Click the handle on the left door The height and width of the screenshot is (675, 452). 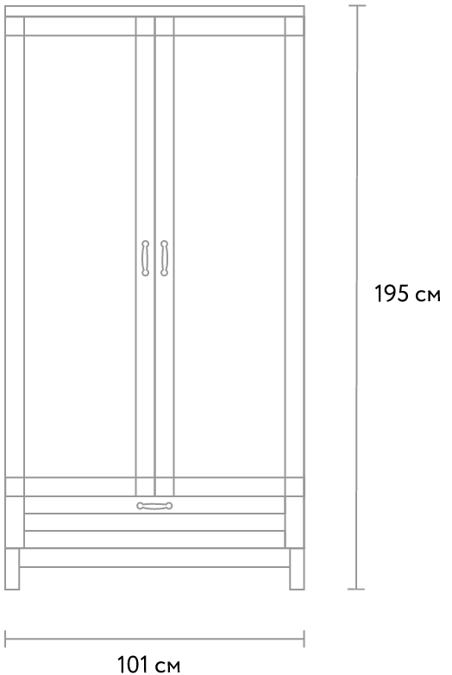pos(146,258)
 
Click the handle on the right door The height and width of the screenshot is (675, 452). pos(164,258)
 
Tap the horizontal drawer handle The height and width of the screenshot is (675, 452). pos(154,506)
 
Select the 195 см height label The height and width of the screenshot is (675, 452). pos(407,294)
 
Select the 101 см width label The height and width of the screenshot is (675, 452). pos(149,665)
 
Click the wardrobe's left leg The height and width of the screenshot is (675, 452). pos(12,569)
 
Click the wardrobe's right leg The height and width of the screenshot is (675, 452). pos(297,569)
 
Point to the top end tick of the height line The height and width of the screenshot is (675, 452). pos(357,5)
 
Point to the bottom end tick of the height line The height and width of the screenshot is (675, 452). pos(356,589)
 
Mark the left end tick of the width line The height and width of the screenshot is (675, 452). pos(5,639)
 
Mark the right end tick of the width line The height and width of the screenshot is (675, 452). pos(304,639)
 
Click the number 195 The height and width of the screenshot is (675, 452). pos(392,294)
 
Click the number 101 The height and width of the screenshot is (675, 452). pos(133,665)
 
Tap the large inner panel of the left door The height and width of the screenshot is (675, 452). pos(80,256)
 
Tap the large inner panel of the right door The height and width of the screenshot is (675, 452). pos(229,256)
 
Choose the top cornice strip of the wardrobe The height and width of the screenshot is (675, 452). pos(154,11)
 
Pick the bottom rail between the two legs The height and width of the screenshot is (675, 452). pos(154,558)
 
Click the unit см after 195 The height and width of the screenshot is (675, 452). pos(429,296)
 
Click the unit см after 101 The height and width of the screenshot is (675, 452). pos(167,666)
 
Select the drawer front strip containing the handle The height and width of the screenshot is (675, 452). pos(154,505)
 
